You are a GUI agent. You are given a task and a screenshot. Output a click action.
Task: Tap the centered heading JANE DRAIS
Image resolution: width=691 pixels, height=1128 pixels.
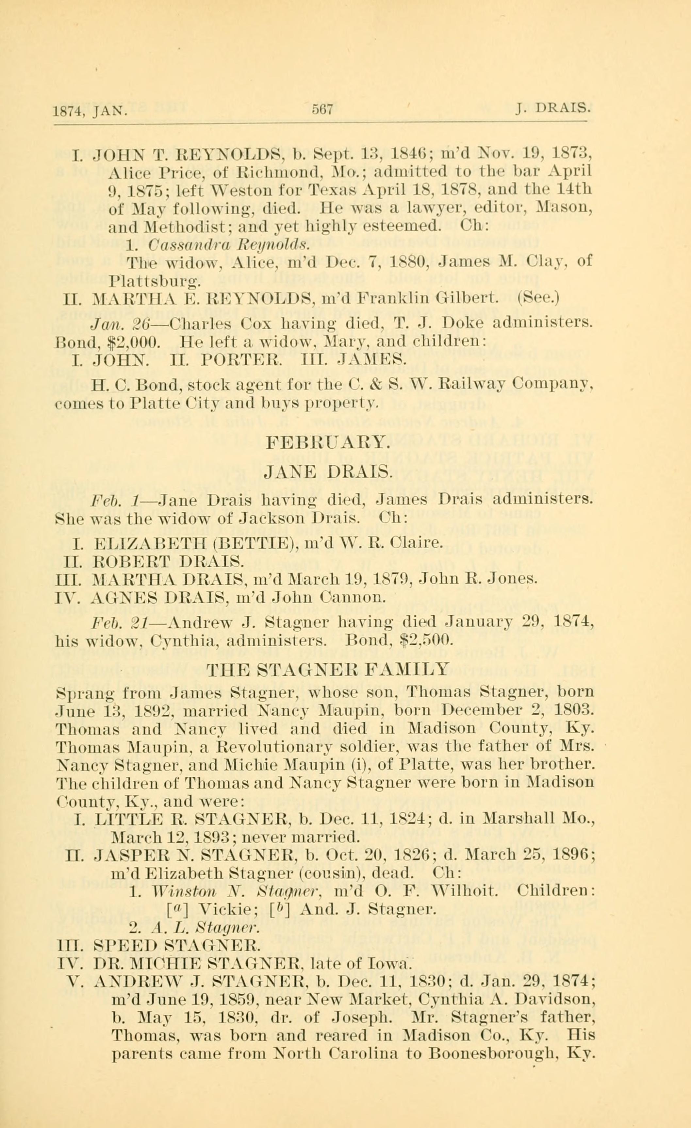pos(328,471)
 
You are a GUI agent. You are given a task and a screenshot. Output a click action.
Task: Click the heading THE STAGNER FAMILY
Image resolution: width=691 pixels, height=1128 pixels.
pos(328,670)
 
